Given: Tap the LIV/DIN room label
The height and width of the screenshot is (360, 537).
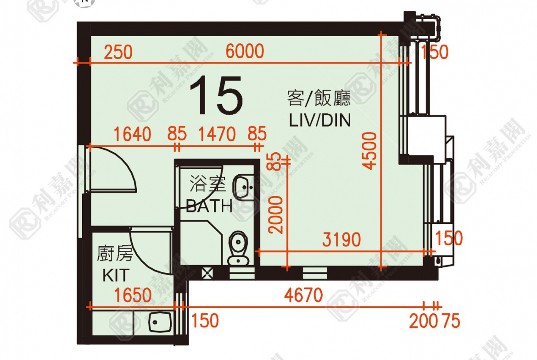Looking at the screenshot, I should (320, 120).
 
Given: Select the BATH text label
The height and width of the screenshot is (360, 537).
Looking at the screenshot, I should (209, 206).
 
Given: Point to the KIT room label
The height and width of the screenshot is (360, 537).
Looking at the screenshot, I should (116, 275).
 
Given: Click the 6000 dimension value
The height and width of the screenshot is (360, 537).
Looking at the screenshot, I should (245, 51).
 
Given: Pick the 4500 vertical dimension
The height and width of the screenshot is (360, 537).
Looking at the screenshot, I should (370, 151).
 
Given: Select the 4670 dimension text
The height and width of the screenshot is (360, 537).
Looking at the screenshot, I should (303, 295).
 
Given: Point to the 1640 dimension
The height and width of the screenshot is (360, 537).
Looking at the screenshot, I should (132, 134).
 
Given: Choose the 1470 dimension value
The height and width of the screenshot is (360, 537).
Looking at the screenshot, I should (217, 134).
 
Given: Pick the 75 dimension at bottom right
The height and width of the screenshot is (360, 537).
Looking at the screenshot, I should (451, 321).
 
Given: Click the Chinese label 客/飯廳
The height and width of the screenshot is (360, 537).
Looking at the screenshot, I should (319, 98).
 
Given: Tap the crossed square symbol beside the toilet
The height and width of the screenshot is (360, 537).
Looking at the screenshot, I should (207, 273).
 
